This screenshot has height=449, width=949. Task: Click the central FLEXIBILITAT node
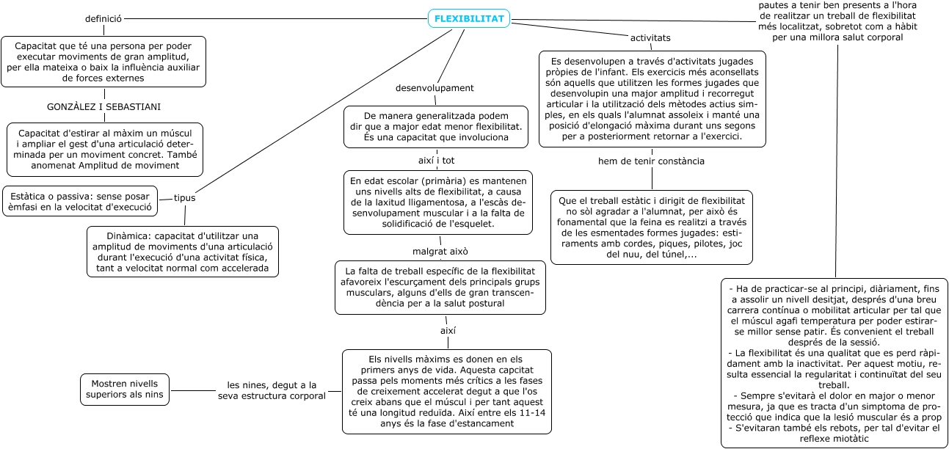pos(469,19)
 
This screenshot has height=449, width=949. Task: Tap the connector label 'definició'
pos(103,19)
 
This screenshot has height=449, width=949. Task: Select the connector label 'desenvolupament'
pos(434,88)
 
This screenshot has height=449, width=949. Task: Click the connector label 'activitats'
pos(650,37)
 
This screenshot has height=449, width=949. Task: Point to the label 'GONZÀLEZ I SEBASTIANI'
pos(103,107)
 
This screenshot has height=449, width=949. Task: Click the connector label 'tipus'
pos(184,198)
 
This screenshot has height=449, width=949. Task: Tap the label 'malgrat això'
pos(440,252)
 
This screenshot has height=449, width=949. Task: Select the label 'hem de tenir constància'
pos(652,161)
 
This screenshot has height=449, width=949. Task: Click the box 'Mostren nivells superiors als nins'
pos(125,390)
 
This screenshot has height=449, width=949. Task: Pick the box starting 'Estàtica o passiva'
pos(81,201)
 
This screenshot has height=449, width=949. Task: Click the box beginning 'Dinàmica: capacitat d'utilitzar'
pos(183,252)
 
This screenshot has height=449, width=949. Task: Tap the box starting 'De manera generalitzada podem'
pos(436,127)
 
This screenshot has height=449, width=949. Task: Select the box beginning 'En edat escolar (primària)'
pos(438,202)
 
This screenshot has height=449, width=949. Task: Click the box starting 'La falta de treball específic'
pos(440,288)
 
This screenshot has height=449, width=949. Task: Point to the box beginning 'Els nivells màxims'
pos(446,393)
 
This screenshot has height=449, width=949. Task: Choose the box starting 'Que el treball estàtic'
pos(652,227)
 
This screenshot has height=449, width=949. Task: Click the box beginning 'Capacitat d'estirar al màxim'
pos(105,150)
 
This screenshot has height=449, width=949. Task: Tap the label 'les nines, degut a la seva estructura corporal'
pos(272,390)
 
